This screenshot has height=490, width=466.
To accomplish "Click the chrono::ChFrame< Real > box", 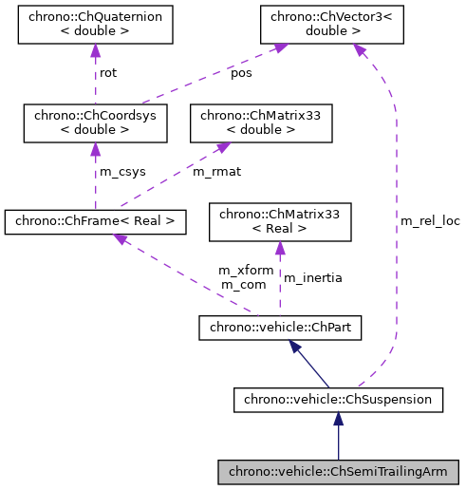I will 95,222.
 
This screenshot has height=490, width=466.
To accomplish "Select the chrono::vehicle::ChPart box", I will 279,329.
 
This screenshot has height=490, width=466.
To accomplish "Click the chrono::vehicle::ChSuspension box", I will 338,400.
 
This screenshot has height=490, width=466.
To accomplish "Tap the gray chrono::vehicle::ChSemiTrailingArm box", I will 338,471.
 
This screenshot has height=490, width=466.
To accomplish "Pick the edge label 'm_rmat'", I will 214,171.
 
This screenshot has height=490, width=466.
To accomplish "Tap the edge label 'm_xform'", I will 246,271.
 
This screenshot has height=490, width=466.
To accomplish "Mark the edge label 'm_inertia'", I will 313,277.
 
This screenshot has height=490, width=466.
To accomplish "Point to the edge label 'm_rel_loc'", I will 430,220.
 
